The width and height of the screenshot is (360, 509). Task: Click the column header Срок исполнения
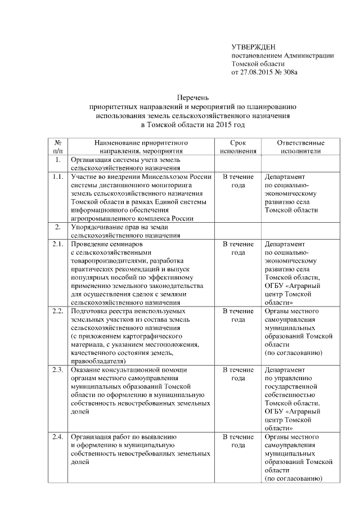point(238,147)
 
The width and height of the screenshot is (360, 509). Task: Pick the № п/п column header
point(57,147)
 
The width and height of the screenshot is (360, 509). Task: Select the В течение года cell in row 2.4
point(238,441)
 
